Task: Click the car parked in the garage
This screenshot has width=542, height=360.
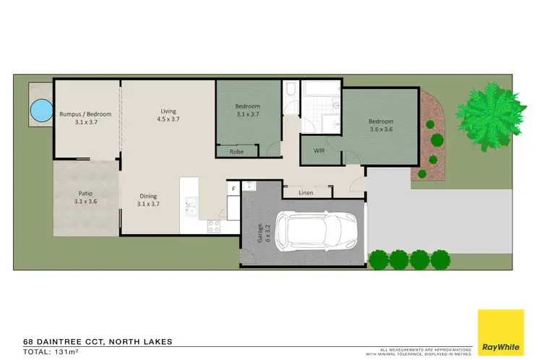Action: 315,231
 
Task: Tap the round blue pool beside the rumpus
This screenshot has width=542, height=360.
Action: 40,111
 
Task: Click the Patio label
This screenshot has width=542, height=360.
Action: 85,197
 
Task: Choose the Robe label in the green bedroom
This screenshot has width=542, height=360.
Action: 236,152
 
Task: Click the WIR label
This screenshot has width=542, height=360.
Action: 319,151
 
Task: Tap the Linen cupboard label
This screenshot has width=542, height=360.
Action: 306,192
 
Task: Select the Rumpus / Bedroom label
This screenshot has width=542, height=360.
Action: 85,117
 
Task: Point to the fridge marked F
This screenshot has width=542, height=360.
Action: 233,189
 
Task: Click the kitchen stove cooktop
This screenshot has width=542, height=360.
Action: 215,226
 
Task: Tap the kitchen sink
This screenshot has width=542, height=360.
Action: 192,207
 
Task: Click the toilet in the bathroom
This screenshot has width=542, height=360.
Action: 290,91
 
